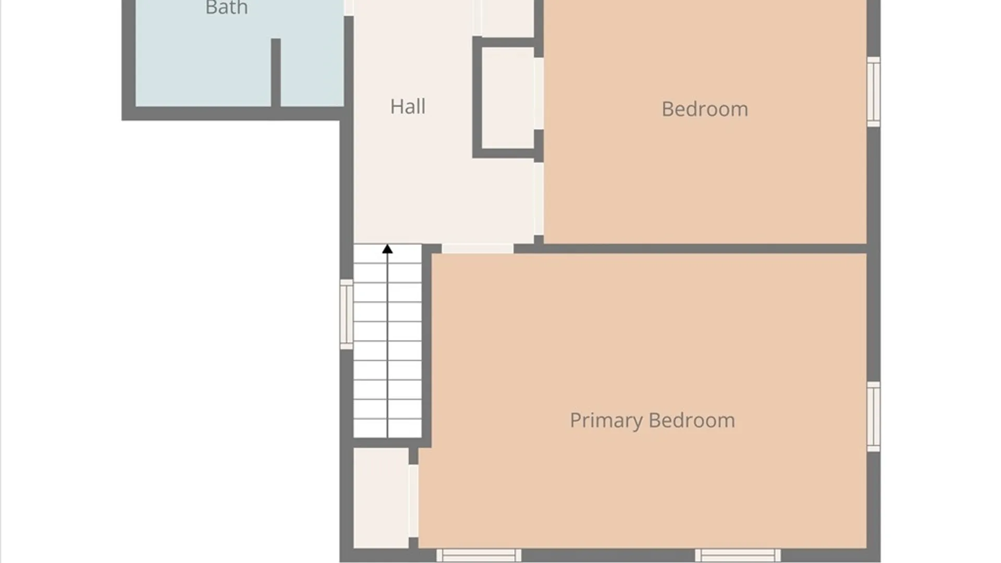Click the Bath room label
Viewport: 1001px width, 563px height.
tap(226, 7)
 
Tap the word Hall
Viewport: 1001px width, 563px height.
tap(408, 106)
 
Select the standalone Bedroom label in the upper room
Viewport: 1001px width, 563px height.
tap(704, 109)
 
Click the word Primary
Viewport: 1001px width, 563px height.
tap(606, 421)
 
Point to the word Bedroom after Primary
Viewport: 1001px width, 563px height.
tap(692, 420)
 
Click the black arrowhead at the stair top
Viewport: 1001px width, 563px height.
tap(387, 249)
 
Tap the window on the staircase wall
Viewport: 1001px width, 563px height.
tap(346, 314)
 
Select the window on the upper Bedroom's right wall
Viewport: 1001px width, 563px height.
tap(874, 92)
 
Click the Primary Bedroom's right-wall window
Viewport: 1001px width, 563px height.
tap(874, 417)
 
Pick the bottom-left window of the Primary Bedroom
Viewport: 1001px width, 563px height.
tap(479, 555)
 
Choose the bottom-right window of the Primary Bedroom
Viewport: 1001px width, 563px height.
tap(738, 555)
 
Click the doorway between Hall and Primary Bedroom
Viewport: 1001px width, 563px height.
tap(478, 249)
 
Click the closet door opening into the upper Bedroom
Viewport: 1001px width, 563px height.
tap(539, 93)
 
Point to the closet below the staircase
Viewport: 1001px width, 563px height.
tap(381, 498)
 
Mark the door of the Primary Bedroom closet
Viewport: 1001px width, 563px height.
tap(413, 501)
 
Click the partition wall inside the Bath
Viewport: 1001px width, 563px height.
tap(276, 73)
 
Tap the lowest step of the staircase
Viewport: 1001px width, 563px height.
tap(387, 429)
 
